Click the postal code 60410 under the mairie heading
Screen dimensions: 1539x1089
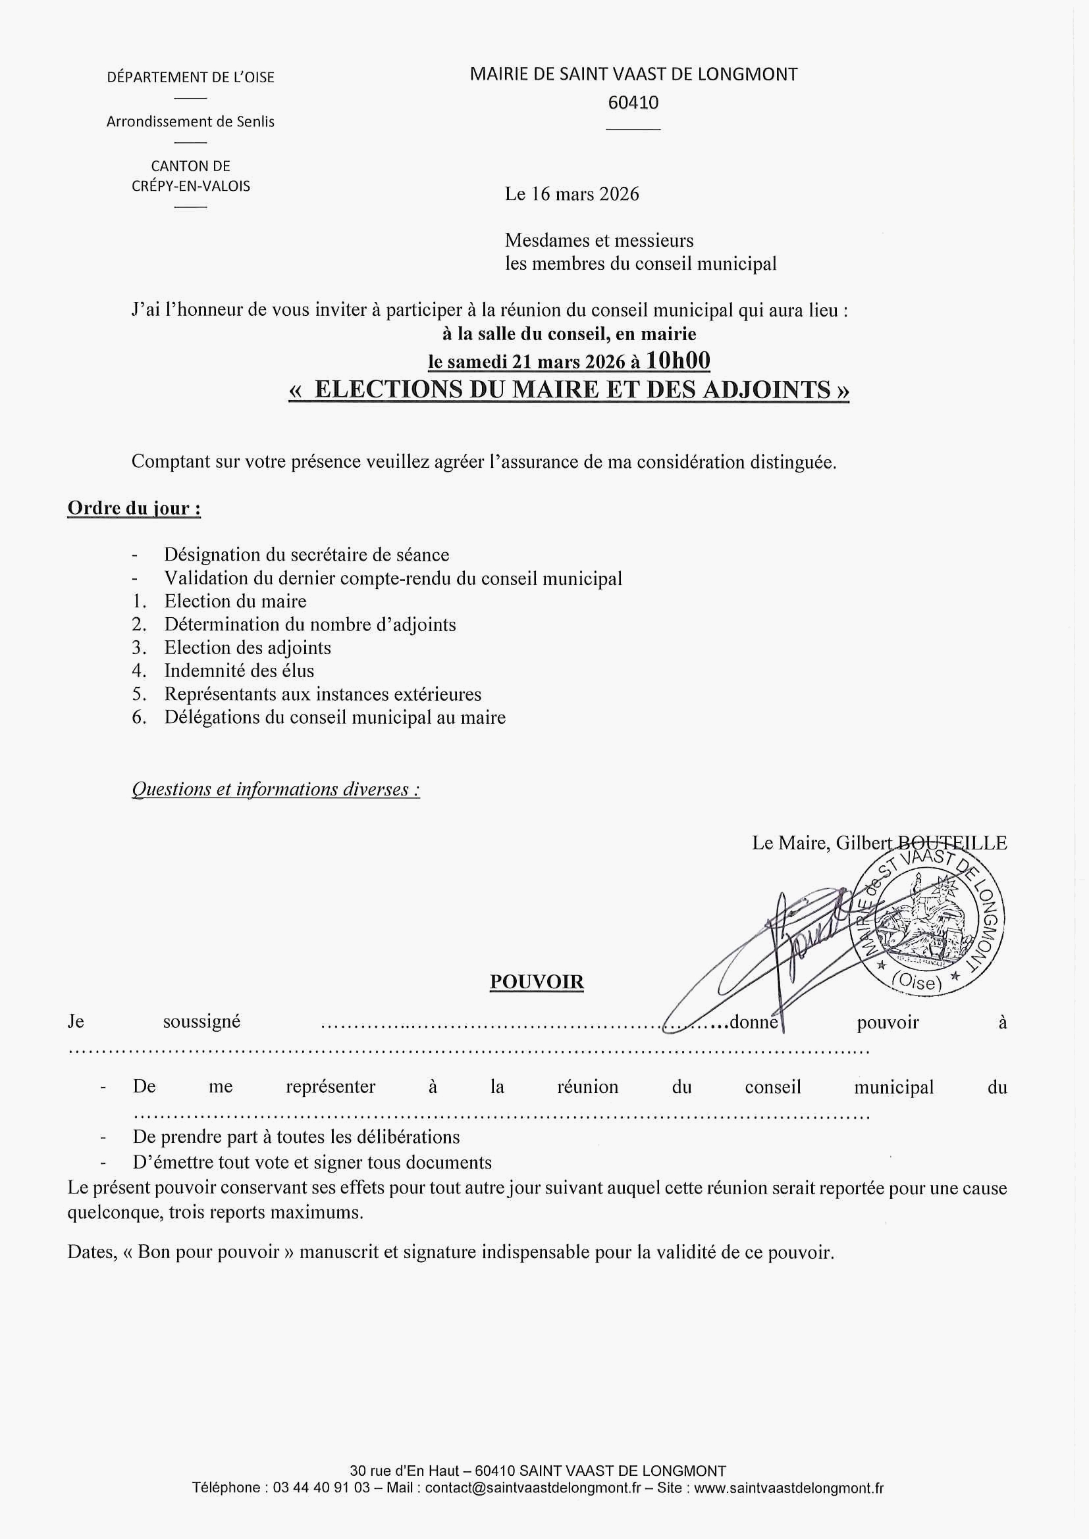[x=633, y=103]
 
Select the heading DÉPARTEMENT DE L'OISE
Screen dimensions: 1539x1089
[x=190, y=78]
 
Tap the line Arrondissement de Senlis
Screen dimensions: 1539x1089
[x=190, y=122]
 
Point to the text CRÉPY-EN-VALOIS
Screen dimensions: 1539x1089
[x=190, y=186]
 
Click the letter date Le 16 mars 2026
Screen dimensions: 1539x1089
[x=572, y=194]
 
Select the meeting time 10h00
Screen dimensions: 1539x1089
[x=677, y=361]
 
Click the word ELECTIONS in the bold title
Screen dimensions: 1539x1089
[x=388, y=390]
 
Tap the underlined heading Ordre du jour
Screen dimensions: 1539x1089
[x=134, y=508]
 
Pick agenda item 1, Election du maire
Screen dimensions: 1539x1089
[x=235, y=601]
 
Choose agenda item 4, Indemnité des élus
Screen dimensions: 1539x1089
[x=239, y=671]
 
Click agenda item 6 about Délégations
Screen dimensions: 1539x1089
[x=334, y=718]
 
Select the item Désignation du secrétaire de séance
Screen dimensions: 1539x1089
[x=306, y=555]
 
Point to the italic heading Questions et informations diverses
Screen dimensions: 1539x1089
[x=276, y=789]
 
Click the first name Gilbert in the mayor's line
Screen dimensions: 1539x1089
[x=864, y=843]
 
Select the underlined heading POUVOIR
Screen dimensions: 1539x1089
[x=537, y=982]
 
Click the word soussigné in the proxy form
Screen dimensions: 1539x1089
[x=201, y=1022]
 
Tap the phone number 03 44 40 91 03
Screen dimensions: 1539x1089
[x=322, y=1488]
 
